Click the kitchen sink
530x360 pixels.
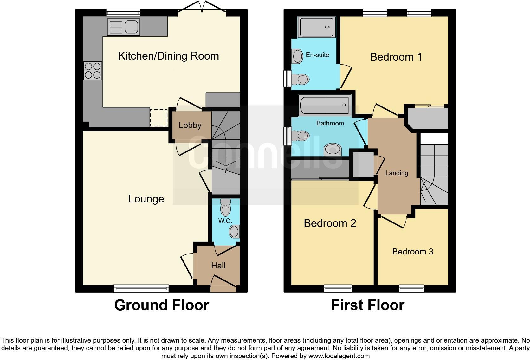point(124,27)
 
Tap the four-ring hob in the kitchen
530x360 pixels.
point(93,70)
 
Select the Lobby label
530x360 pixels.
point(190,125)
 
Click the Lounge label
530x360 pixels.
point(146,199)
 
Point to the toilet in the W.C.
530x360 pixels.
point(225,208)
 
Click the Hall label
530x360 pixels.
point(218,266)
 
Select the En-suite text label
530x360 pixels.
point(317,55)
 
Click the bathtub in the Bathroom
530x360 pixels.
point(324,105)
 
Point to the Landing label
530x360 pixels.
point(397,173)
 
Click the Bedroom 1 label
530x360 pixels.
point(396,57)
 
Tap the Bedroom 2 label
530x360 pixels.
point(330,223)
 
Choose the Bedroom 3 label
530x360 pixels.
point(412,252)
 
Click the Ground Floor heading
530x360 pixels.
point(161,305)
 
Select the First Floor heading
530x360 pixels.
point(368,305)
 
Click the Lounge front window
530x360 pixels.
point(141,288)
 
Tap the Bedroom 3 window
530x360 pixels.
point(411,288)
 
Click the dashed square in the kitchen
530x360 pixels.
point(158,118)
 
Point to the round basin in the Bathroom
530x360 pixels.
point(333,149)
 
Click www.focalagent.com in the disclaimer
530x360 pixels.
point(339,356)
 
